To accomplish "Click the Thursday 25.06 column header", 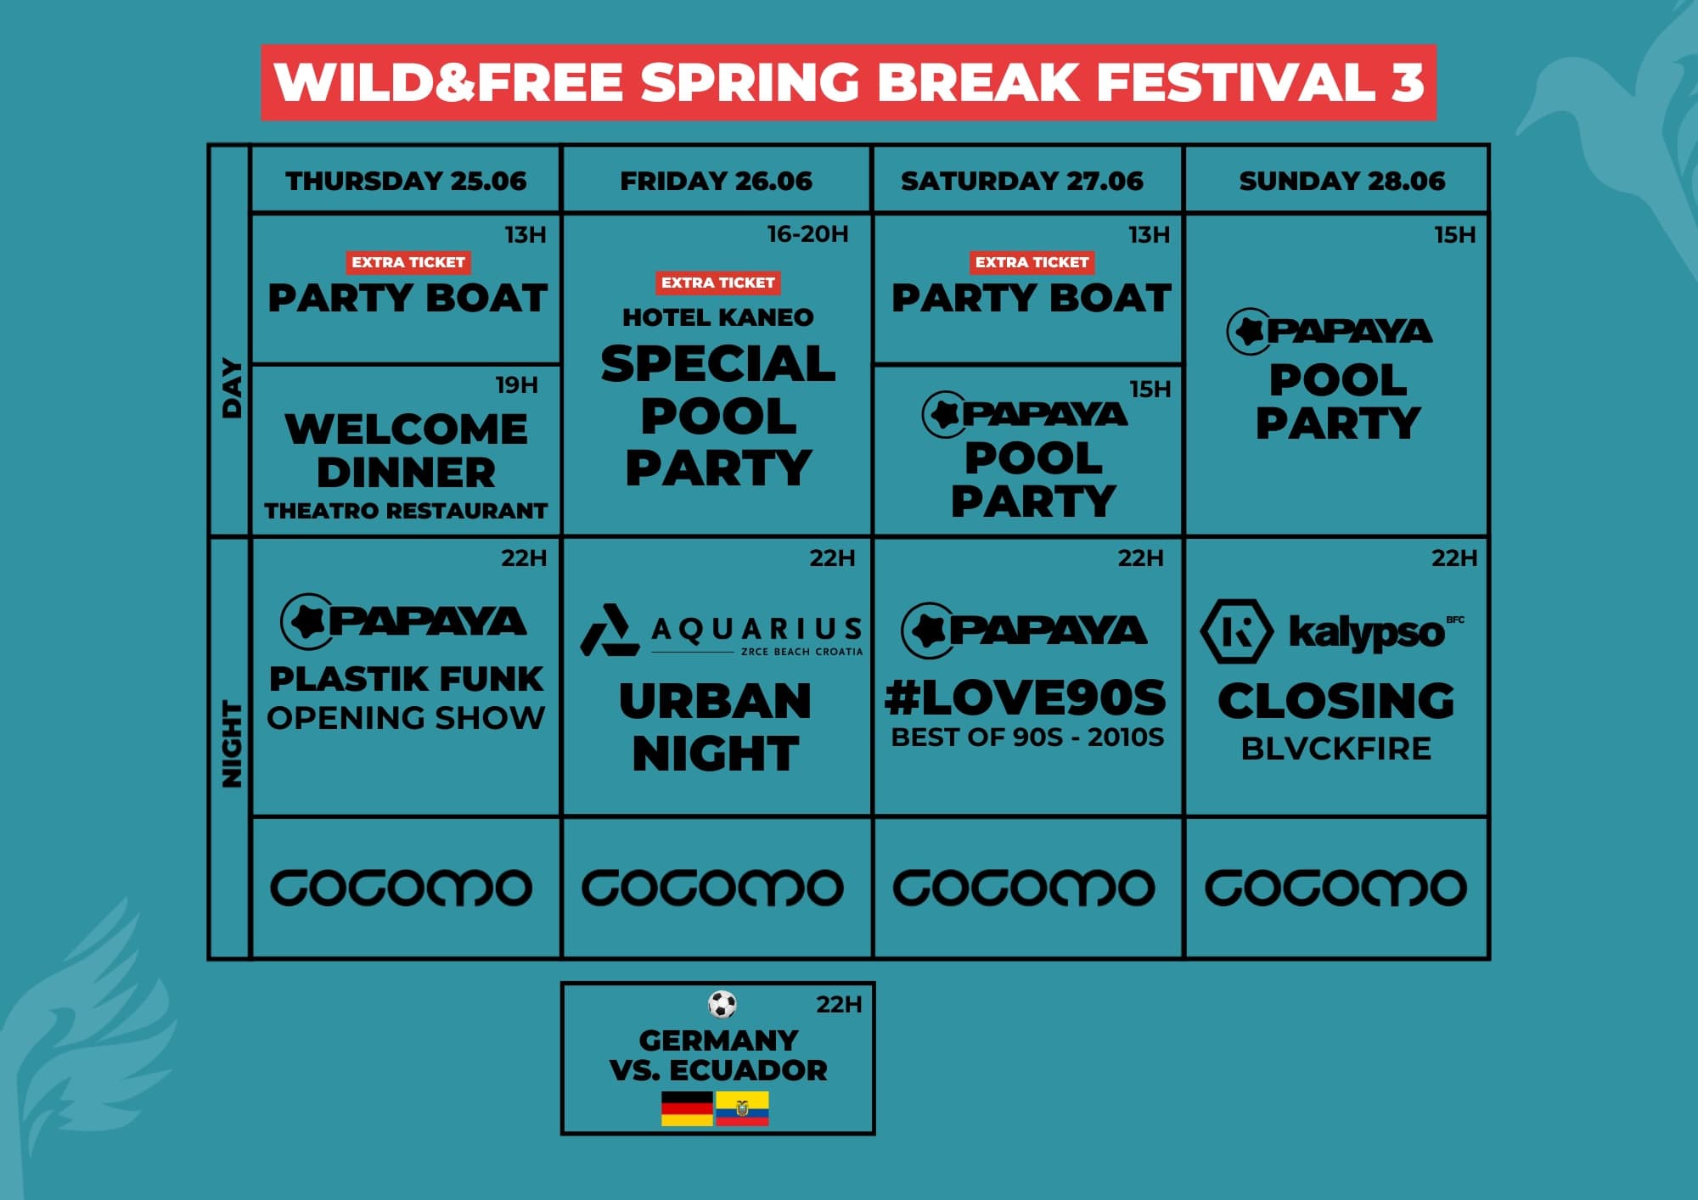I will (x=406, y=181).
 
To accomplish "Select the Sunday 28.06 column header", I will (x=1341, y=181).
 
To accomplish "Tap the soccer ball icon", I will (x=722, y=1005).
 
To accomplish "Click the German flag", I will (x=687, y=1108).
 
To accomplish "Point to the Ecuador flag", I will (x=742, y=1108).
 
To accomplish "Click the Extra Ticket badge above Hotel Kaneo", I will (x=717, y=283).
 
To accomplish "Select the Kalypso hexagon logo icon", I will (x=1236, y=631).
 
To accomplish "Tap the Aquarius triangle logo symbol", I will (x=610, y=631).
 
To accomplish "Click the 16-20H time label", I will (x=807, y=234).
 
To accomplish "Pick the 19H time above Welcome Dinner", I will (x=516, y=385).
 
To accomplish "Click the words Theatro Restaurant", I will (x=406, y=511).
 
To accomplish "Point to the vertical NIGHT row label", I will (x=231, y=744).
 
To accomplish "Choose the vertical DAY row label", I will (x=231, y=388).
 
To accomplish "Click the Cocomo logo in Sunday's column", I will (x=1335, y=888).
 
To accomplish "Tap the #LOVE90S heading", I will (x=1026, y=698).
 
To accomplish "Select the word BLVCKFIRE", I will (x=1335, y=749).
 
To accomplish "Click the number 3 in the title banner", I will (x=1407, y=82).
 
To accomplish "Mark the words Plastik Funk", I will (x=406, y=679).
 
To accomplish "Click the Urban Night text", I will (x=716, y=727).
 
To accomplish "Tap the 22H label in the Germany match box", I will (x=839, y=1005).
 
